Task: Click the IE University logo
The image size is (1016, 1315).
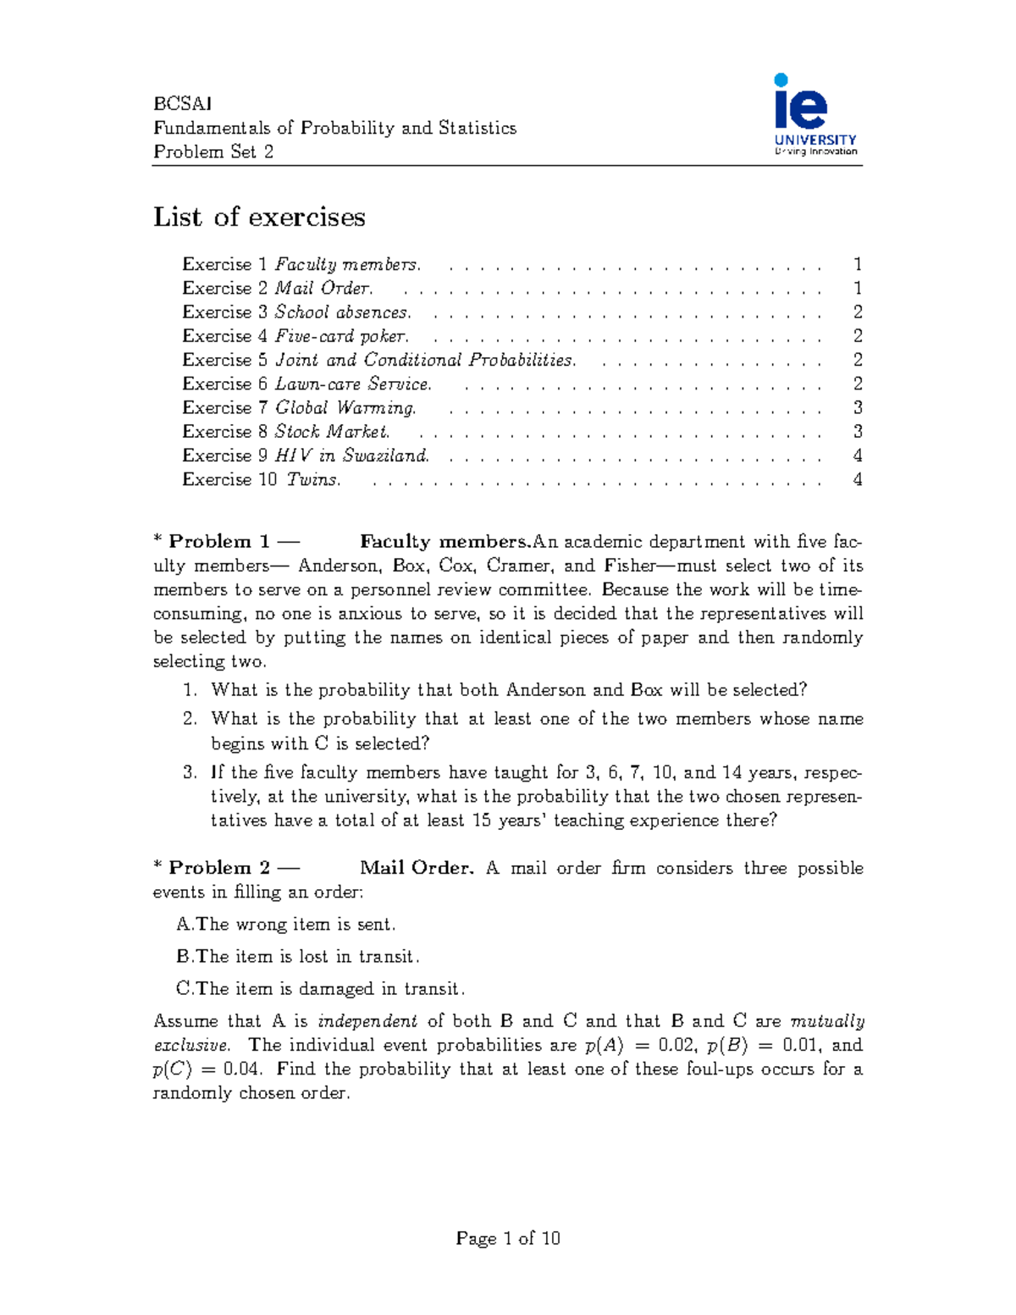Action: [814, 115]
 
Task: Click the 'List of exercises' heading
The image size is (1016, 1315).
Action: [259, 218]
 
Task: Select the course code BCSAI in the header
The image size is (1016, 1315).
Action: [182, 104]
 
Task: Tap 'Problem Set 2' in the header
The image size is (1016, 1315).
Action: [213, 152]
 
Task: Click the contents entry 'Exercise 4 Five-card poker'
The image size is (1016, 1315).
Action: [295, 336]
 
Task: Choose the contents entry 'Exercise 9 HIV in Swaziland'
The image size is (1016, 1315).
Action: [306, 456]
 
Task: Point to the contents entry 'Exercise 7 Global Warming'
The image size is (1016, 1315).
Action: [299, 408]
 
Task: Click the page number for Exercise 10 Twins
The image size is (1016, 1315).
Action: [857, 480]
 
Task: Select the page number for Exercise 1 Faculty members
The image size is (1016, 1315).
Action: [857, 265]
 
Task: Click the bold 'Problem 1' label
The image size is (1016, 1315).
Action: [218, 542]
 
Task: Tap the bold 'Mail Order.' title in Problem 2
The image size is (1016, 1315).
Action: [416, 868]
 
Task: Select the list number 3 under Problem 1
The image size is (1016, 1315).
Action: [190, 773]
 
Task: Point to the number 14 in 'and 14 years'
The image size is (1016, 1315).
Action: [731, 773]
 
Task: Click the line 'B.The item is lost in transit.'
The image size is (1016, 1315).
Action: [298, 957]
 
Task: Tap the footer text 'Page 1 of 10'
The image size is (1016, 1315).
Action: [508, 1239]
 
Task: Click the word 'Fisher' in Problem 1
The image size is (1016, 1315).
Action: [629, 566]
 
